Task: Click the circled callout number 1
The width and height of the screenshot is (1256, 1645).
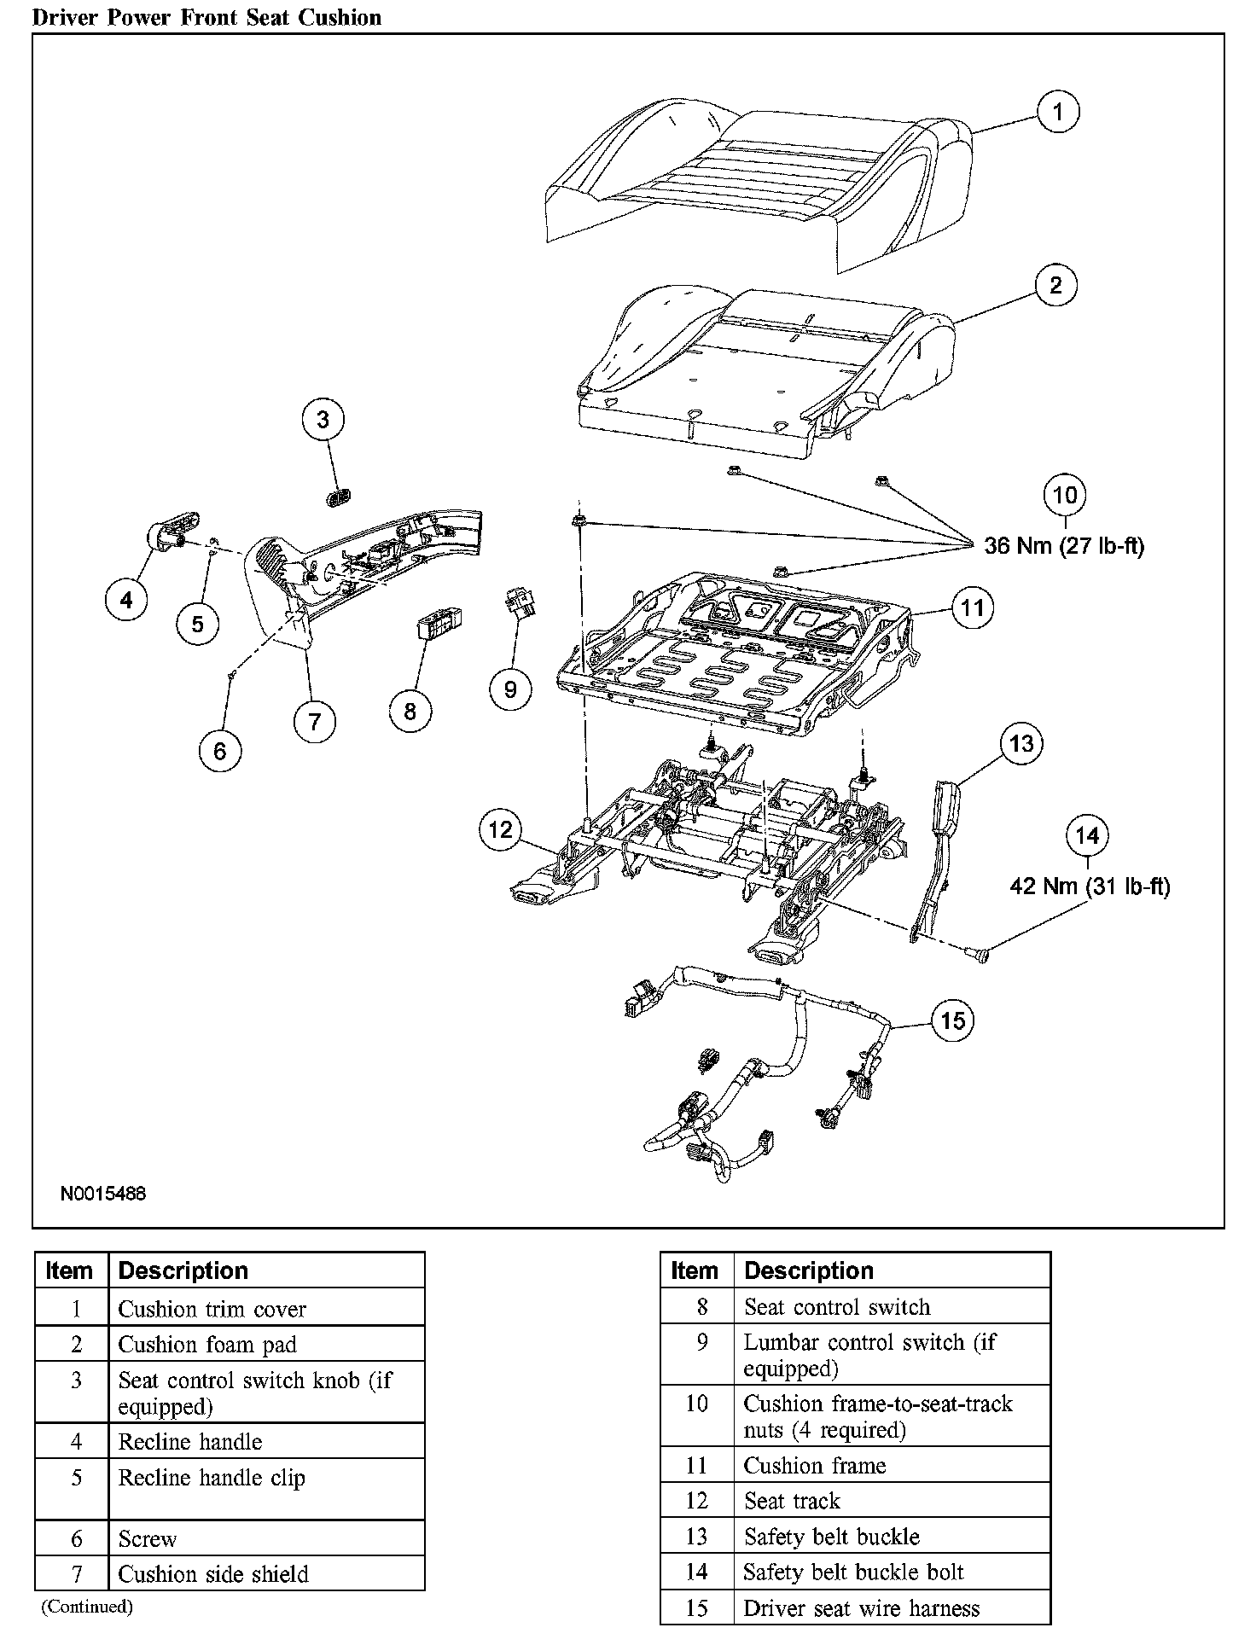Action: [x=1058, y=112]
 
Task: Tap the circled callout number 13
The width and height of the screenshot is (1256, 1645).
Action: [x=1020, y=743]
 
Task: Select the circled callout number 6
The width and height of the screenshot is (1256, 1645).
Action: [x=220, y=751]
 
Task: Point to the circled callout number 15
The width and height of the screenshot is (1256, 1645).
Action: [x=952, y=1020]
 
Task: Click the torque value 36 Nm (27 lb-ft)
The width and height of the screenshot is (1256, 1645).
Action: [x=1064, y=546]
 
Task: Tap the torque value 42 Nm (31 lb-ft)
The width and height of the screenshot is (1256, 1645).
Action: [x=1090, y=886]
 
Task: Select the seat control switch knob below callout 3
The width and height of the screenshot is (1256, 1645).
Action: [x=339, y=497]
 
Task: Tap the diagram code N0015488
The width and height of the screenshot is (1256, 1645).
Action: [x=102, y=1193]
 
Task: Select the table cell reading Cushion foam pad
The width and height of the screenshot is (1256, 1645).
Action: [x=207, y=1345]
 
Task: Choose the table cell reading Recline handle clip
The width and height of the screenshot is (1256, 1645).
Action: [x=212, y=1478]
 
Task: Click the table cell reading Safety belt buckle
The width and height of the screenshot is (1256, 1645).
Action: [x=832, y=1537]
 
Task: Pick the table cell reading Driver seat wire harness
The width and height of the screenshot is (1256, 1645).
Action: [x=862, y=1608]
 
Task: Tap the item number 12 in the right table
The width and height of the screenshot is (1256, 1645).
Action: [x=696, y=1501]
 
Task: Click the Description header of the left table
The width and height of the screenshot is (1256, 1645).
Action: [x=183, y=1270]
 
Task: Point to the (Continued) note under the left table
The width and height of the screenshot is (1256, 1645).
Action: [x=87, y=1607]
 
